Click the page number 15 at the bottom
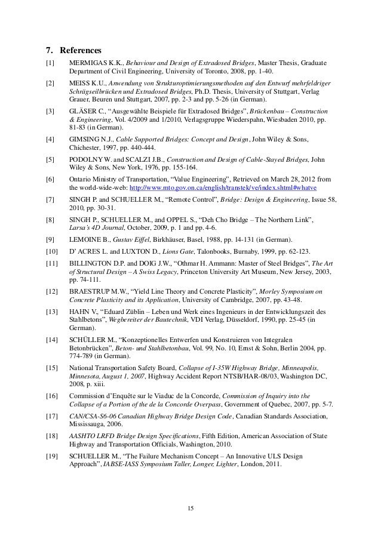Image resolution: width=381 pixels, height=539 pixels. (x=191, y=508)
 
